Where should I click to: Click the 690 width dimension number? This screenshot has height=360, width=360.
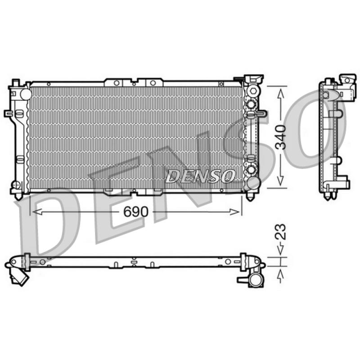click(x=136, y=211)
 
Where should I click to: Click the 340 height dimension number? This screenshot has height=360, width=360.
click(x=281, y=137)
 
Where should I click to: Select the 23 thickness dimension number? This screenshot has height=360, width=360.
click(x=280, y=232)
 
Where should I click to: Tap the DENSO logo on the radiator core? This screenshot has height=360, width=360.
click(x=200, y=176)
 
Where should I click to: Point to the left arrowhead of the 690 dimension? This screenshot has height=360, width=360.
click(x=37, y=211)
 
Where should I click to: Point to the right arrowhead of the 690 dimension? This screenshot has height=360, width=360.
click(x=235, y=211)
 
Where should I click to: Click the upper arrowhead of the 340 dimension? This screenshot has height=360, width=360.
click(x=280, y=94)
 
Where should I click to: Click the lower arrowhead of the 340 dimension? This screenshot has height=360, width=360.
click(x=280, y=180)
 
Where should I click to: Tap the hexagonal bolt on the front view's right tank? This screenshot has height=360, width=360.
click(x=253, y=91)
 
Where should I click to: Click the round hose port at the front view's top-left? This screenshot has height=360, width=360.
click(x=26, y=94)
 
